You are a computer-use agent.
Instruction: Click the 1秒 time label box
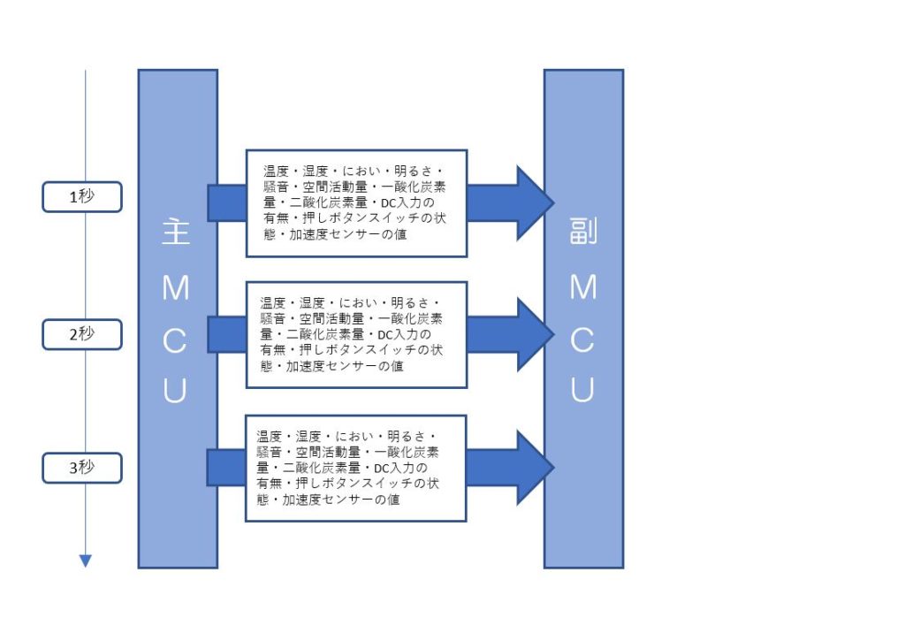[82, 197]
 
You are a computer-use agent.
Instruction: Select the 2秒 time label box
[82, 335]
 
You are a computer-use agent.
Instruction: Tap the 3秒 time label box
[82, 468]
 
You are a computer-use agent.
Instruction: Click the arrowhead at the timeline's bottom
[86, 560]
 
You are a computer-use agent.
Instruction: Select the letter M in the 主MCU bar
[175, 288]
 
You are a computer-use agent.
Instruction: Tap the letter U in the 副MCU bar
[582, 389]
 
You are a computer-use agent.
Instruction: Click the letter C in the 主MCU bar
[175, 339]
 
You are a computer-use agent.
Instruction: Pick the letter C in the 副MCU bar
[582, 339]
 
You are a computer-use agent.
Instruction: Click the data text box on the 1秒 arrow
[356, 203]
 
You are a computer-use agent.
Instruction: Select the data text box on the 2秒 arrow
[356, 335]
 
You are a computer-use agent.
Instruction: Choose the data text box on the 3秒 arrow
[356, 468]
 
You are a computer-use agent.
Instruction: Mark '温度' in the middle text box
[273, 302]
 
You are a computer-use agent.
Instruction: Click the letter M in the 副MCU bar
[582, 288]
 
